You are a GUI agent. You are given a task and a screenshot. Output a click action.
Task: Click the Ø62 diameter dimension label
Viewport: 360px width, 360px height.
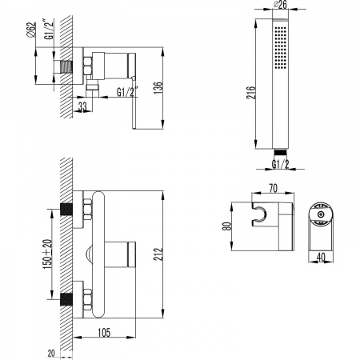coord(31,30)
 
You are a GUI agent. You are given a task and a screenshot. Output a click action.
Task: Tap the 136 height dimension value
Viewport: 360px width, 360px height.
coord(158,88)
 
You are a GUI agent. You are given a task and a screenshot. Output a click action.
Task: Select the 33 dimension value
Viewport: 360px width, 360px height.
coord(82,106)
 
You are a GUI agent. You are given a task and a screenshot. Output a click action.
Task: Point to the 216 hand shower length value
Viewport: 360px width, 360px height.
coord(250,92)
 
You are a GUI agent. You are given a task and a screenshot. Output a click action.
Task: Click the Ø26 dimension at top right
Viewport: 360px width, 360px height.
coord(281,5)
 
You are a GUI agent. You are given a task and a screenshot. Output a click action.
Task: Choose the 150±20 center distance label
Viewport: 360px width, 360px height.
coord(47,254)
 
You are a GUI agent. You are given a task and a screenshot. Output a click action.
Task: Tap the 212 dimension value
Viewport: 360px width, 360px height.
coord(158,254)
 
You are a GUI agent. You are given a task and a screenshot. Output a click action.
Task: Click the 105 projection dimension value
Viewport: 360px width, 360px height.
coord(104,333)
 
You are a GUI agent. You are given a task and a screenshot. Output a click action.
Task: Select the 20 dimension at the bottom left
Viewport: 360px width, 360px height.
coord(51,354)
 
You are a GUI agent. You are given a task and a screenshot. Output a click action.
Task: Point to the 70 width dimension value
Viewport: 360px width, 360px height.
coord(274,188)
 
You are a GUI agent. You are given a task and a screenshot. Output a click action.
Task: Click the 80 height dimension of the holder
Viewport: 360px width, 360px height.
coord(227,226)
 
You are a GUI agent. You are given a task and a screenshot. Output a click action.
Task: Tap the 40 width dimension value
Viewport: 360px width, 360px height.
coord(321,257)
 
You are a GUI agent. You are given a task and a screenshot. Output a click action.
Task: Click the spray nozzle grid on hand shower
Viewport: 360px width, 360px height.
coord(280,47)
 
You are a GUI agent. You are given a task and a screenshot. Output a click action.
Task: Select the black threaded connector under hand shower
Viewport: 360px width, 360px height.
coord(280,152)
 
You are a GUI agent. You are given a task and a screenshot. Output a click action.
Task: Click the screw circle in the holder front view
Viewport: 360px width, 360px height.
coord(320,214)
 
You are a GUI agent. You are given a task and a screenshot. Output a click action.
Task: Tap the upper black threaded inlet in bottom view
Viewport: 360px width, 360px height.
coord(66,210)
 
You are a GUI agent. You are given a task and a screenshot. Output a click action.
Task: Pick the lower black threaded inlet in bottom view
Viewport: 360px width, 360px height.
coord(66,299)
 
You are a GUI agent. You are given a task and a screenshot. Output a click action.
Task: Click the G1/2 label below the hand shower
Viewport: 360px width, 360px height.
coord(280,164)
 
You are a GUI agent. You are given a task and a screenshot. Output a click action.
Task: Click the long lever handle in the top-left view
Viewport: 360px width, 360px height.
coord(134,102)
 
